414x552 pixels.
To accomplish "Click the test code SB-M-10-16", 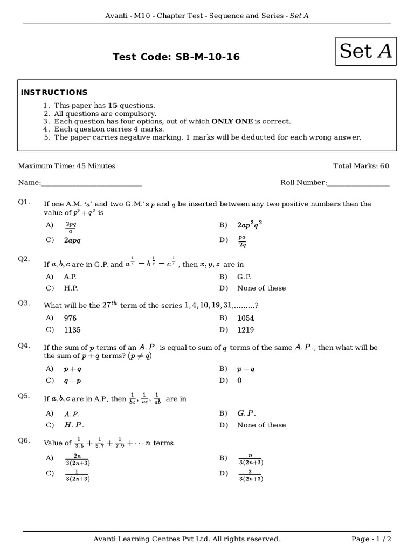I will tap(176, 57).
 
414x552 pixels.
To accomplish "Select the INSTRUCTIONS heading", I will tap(54, 92).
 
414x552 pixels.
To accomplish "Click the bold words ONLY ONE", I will tap(232, 121).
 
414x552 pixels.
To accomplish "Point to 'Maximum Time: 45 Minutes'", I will tap(67, 166).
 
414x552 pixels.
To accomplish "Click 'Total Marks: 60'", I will tap(361, 166).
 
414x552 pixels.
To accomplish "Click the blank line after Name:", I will tap(91, 183).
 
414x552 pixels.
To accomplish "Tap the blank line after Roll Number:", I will tap(358, 183).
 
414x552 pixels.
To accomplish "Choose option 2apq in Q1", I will tap(72, 240).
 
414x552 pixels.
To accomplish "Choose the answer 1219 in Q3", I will tap(245, 330).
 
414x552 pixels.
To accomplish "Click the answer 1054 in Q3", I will tap(245, 318).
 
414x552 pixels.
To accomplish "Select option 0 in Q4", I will tap(239, 381).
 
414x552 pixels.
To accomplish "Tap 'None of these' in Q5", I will tap(261, 425).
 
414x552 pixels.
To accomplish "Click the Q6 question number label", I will tap(24, 440).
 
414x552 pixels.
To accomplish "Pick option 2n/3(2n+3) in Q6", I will tap(77, 459).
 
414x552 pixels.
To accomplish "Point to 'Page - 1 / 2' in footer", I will tap(371, 539).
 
